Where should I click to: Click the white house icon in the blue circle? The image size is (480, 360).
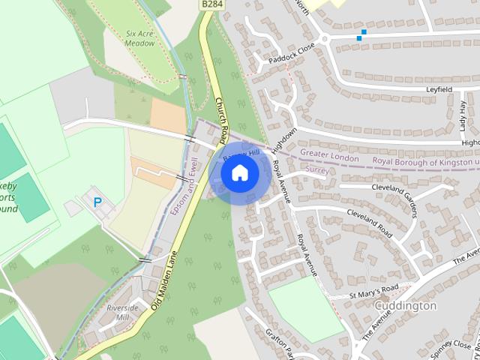tap(239, 173)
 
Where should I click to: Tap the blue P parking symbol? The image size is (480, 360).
tap(97, 202)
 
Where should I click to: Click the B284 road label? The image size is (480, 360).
tap(212, 4)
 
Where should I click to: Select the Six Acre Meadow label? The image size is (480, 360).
tap(140, 38)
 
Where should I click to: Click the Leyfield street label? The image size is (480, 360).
tap(439, 88)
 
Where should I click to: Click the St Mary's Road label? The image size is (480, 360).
tap(375, 291)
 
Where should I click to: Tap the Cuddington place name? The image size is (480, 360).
tap(405, 306)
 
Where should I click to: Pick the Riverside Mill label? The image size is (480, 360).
tap(122, 313)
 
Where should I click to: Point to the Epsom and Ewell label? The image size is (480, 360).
tap(185, 187)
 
